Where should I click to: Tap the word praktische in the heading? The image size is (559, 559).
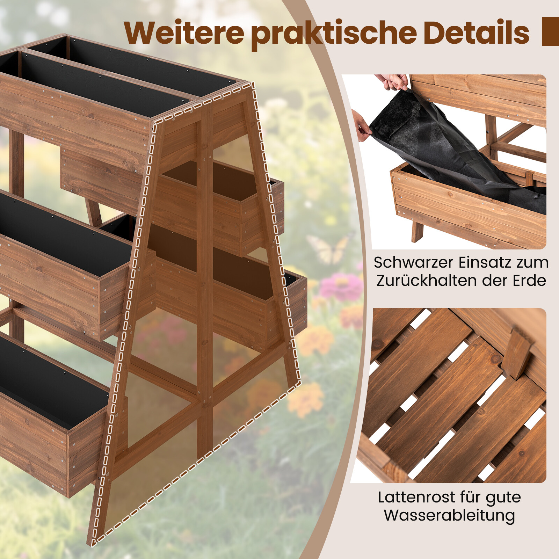[334, 34]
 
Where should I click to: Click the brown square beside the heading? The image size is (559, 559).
[550, 31]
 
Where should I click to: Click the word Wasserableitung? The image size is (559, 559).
[450, 516]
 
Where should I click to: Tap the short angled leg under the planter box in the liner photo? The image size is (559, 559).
[417, 231]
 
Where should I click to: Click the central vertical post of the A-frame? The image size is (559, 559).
[205, 279]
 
